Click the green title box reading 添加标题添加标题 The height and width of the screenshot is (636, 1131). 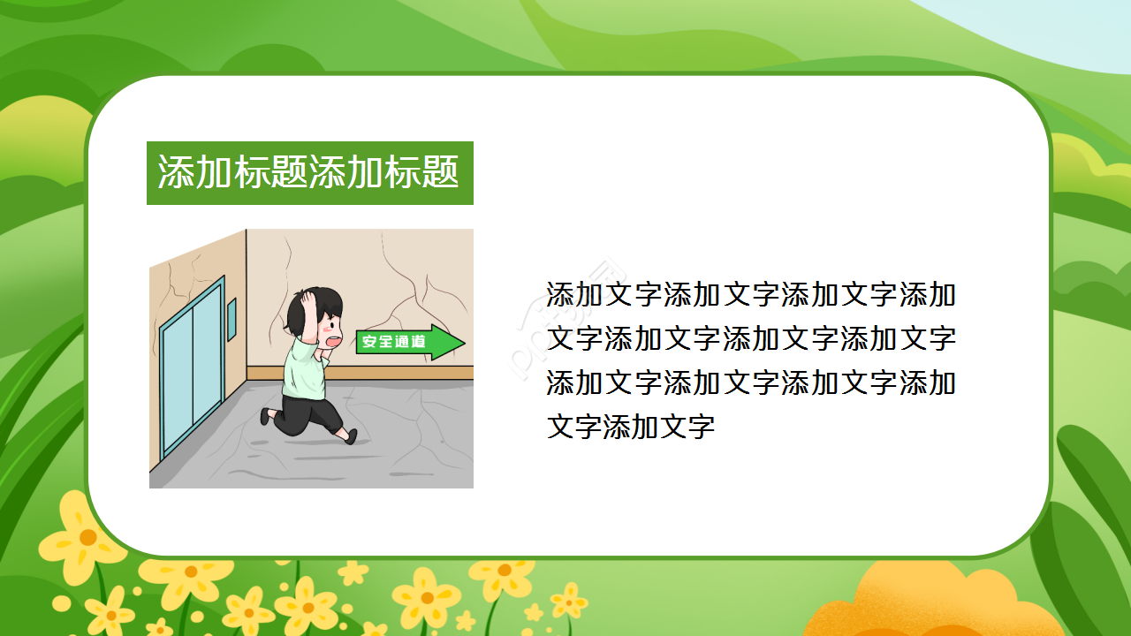309,173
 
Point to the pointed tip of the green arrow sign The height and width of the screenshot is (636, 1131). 463,342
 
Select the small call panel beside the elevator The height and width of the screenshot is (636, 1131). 232,319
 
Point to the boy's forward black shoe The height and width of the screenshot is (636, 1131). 351,435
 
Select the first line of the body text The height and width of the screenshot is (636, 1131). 750,294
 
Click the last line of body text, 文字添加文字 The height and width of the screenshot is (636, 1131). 631,428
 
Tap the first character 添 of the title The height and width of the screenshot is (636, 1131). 176,173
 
